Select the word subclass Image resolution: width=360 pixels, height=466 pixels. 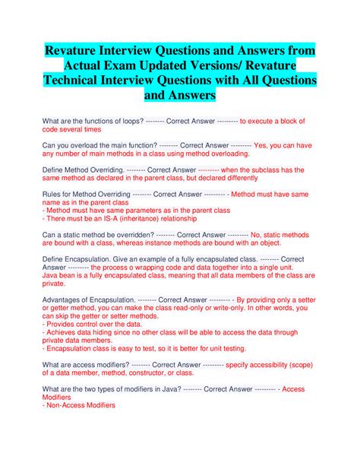click(x=264, y=170)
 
